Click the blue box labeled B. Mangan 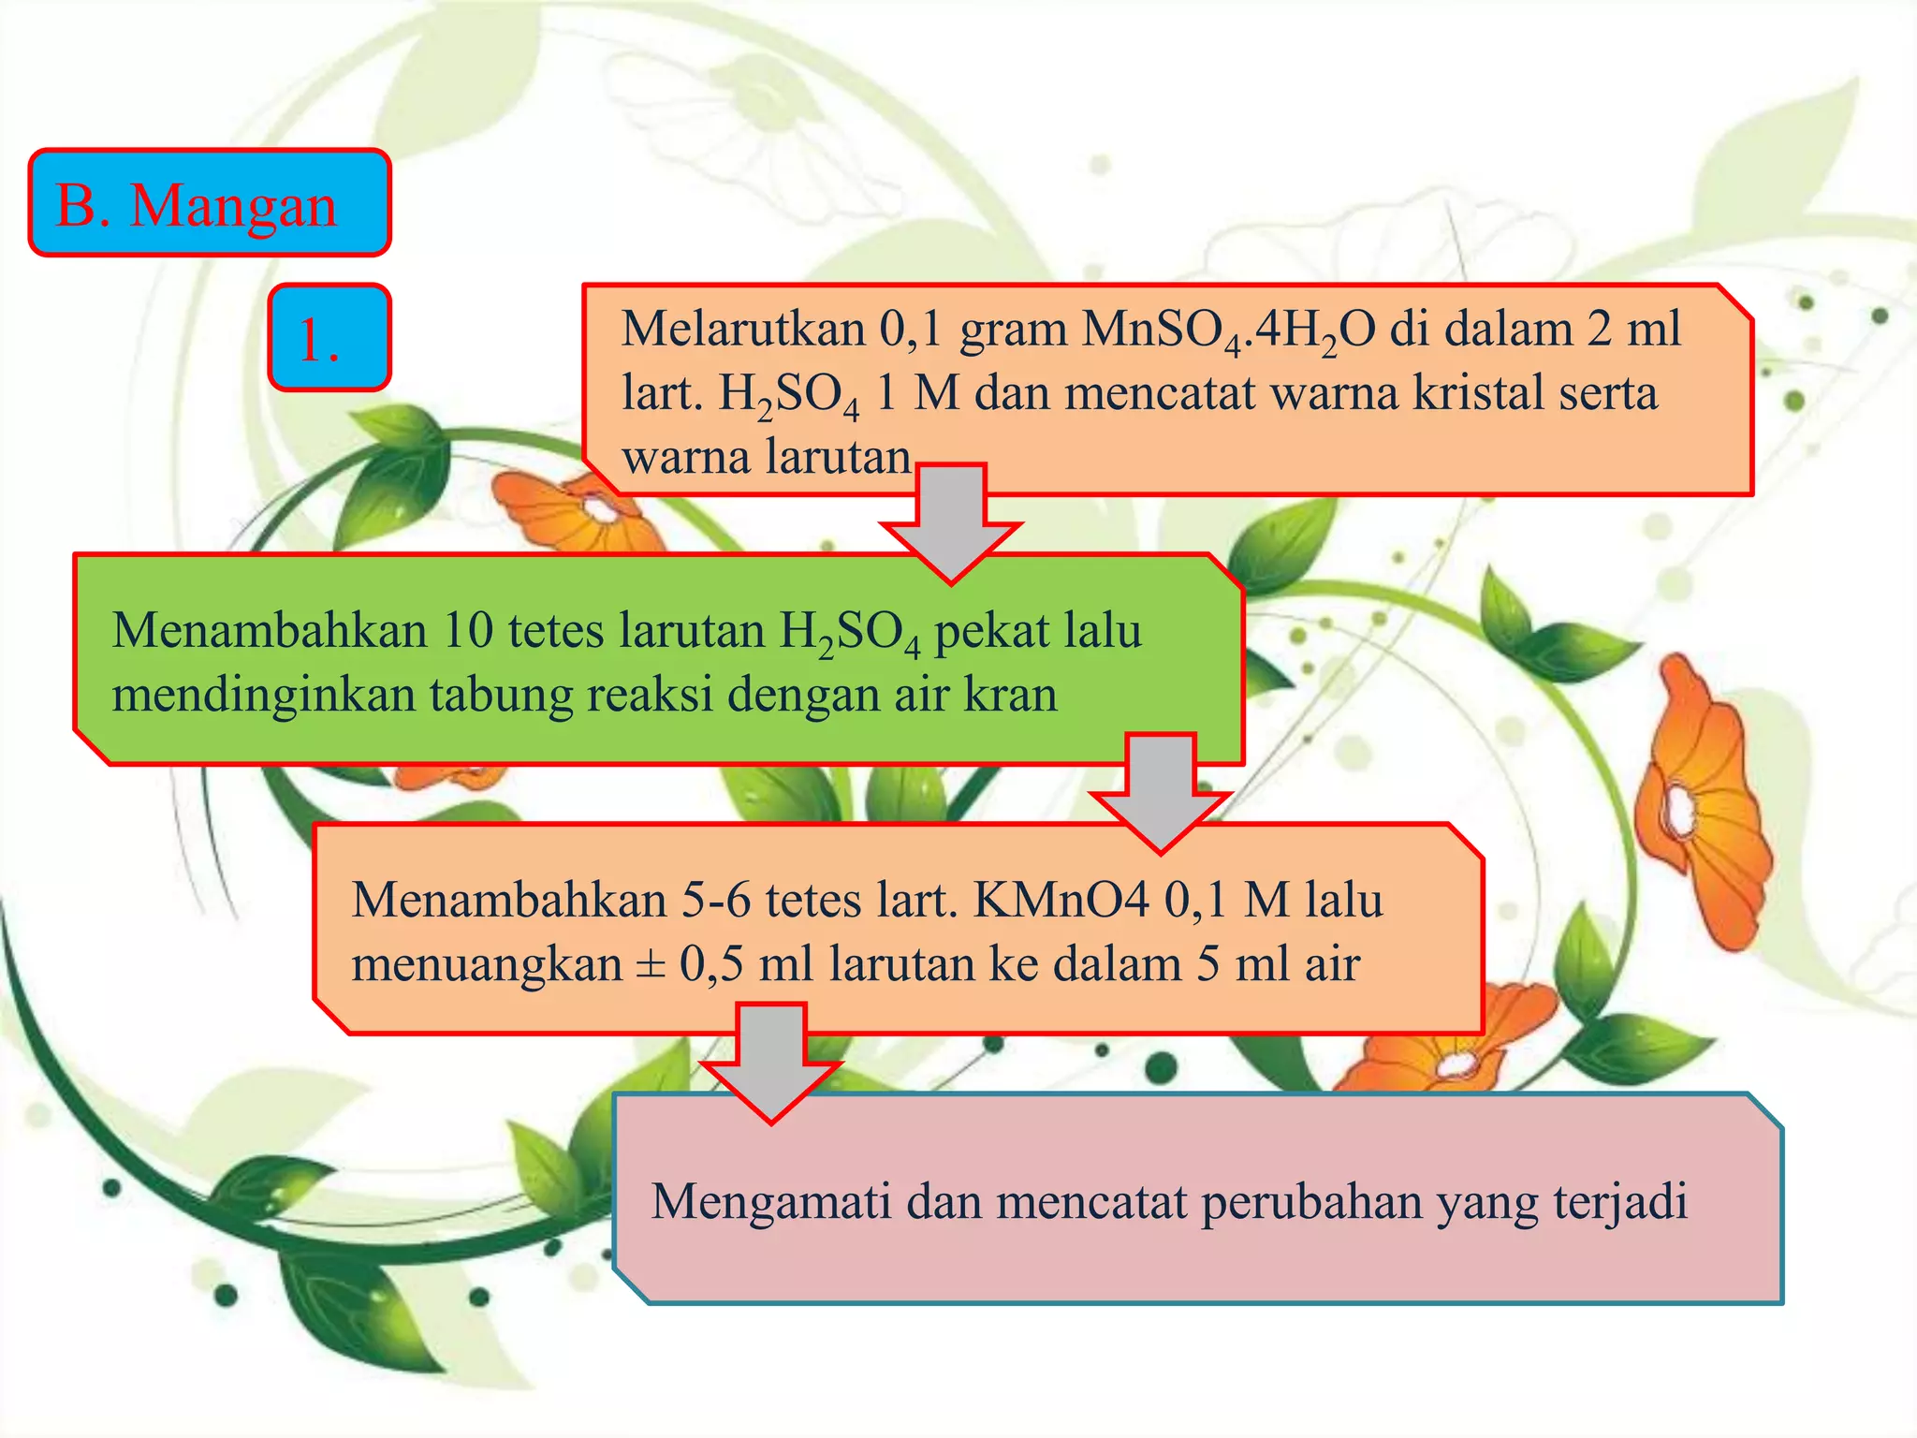coord(209,202)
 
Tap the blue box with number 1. coord(329,337)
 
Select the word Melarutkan coord(741,329)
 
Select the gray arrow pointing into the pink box coord(771,1062)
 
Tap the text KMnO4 coord(1061,901)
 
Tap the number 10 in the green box coord(467,630)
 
